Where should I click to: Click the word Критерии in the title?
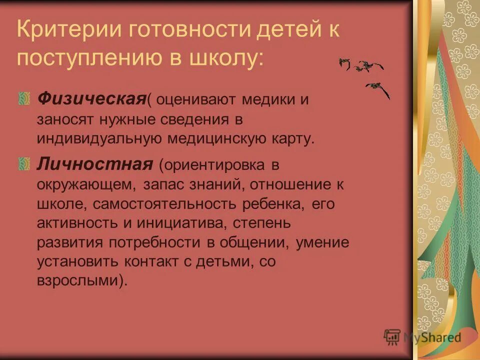coord(67,31)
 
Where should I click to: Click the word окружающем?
coord(85,184)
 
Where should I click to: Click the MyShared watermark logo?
coord(422,337)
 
